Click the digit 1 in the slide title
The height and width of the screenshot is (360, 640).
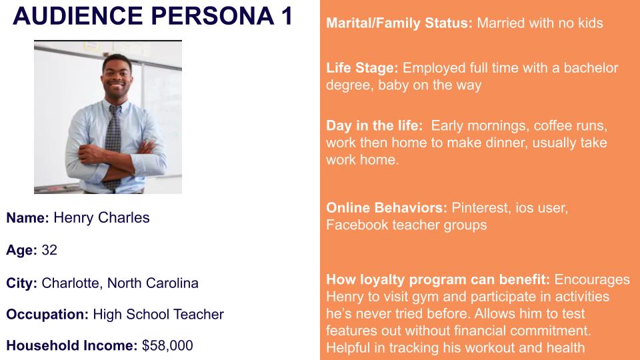287,16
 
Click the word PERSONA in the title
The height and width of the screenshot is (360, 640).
213,16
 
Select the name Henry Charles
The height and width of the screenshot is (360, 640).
101,218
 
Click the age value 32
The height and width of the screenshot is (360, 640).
49,250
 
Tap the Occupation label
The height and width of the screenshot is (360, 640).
47,314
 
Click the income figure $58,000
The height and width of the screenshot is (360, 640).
167,346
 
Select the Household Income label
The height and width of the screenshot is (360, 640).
72,346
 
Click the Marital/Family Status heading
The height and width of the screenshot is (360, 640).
399,23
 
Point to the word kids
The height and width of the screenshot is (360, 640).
590,23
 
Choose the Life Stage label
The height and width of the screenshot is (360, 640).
362,68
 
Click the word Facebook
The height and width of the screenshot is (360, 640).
357,225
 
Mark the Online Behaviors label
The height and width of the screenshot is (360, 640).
387,208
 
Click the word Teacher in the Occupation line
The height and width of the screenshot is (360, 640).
199,314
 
